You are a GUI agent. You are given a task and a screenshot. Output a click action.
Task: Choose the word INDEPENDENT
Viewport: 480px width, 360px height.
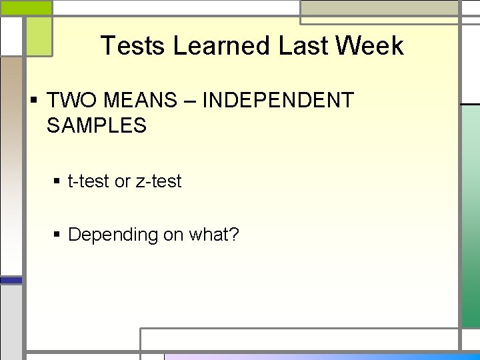click(277, 101)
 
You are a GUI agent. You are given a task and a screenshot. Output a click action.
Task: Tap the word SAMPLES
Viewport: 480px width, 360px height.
click(97, 125)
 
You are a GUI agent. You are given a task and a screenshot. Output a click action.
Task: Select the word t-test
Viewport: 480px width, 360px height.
click(89, 181)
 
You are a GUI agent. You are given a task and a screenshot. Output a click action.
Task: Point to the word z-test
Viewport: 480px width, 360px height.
click(158, 181)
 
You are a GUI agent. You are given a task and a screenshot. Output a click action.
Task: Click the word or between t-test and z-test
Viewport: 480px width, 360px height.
click(123, 181)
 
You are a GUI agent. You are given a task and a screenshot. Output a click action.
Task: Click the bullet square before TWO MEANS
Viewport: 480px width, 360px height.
click(33, 101)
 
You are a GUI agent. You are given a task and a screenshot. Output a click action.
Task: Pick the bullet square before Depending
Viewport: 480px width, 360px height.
click(58, 235)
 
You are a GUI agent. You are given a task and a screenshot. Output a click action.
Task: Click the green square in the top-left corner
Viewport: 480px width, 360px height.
click(38, 36)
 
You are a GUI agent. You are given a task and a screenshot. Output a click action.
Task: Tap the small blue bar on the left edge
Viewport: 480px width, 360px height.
click(11, 281)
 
